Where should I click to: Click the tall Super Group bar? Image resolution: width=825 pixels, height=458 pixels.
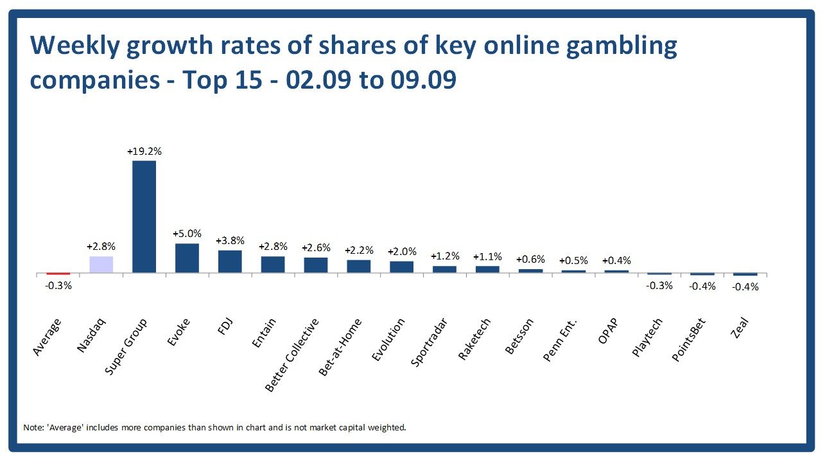click(144, 216)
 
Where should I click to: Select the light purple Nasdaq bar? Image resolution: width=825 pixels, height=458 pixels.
click(101, 265)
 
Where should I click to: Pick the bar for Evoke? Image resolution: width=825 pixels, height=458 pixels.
click(187, 258)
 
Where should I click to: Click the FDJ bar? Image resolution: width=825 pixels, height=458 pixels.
click(230, 261)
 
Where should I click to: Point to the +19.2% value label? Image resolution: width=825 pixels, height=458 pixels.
click(144, 152)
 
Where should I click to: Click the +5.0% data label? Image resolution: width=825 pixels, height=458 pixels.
click(187, 234)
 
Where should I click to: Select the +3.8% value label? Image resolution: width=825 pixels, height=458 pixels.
click(230, 241)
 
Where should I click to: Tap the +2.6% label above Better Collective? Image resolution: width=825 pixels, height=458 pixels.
click(316, 248)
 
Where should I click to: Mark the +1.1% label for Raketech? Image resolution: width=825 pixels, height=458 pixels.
click(487, 256)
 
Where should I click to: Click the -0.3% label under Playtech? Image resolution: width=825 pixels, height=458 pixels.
click(659, 285)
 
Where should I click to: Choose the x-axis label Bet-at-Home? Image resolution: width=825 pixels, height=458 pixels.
click(340, 347)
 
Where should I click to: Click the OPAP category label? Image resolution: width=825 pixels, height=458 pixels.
click(607, 331)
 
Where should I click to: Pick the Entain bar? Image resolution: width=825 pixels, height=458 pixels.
click(273, 265)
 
